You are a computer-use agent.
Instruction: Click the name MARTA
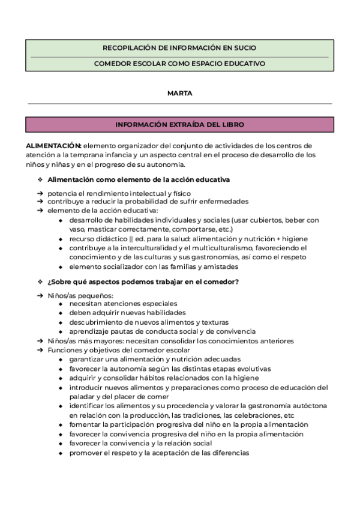tap(179, 93)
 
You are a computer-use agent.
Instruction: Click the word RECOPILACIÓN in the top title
tap(130, 47)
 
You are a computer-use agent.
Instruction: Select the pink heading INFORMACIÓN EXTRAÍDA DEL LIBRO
tap(179, 124)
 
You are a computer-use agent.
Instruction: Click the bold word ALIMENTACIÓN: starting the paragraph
tap(53, 146)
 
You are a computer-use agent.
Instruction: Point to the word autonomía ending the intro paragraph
tap(168, 164)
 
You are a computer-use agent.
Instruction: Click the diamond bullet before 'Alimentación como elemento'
tap(40, 179)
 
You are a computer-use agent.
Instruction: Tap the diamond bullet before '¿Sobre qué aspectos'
tap(40, 282)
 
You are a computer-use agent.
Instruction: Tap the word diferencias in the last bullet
tap(229, 453)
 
